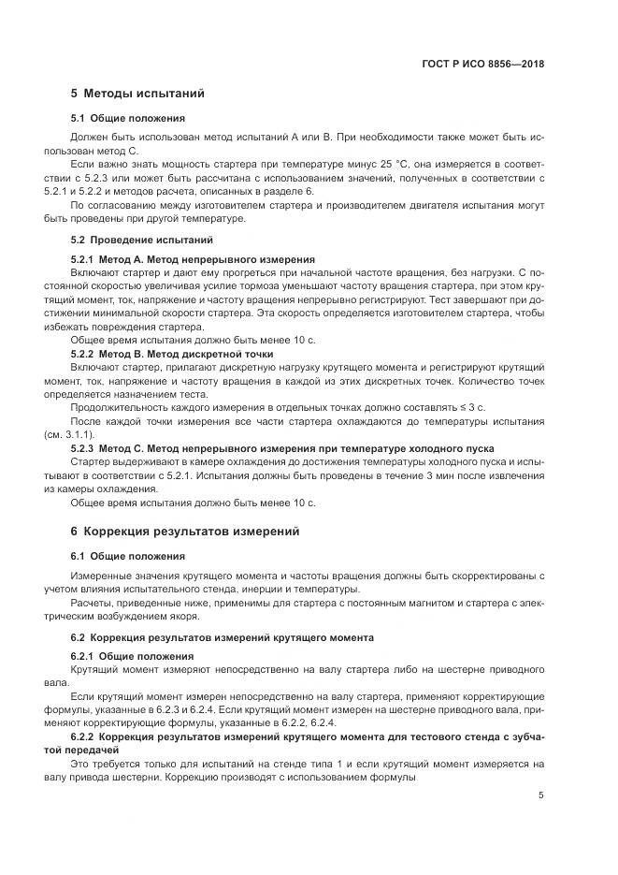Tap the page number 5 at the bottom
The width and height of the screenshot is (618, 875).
[x=541, y=795]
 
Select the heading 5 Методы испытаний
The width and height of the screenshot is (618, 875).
[x=137, y=94]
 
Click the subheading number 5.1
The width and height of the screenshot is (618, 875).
[x=79, y=119]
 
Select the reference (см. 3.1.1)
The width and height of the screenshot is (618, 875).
[x=70, y=435]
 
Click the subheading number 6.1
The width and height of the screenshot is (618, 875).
[x=79, y=556]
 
